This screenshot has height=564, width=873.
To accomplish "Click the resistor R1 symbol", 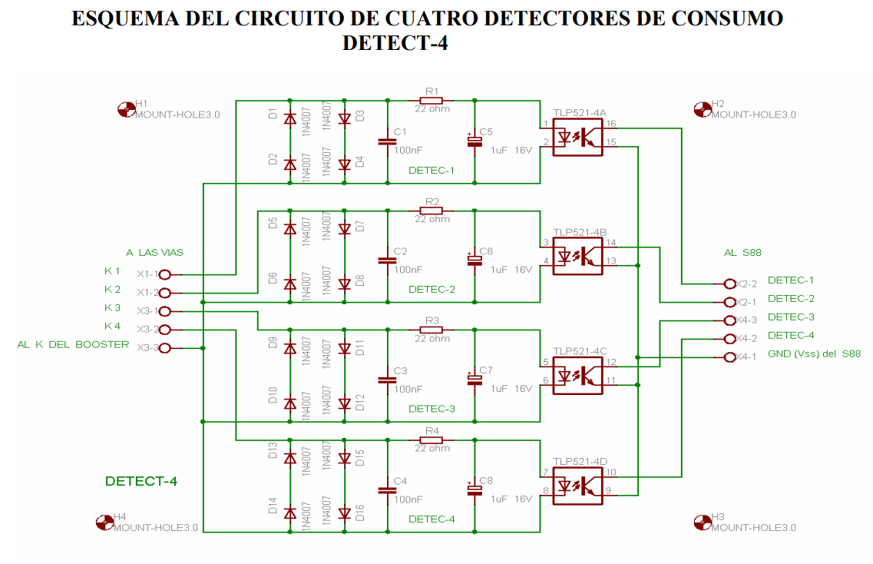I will coord(432,100).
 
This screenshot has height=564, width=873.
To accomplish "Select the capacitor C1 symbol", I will coord(387,141).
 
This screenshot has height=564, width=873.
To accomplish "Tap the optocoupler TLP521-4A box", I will coord(577,137).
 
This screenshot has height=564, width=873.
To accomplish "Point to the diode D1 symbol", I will coord(289,119).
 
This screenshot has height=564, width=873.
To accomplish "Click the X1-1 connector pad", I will coord(164,274).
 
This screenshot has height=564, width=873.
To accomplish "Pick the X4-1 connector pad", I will coord(730,357).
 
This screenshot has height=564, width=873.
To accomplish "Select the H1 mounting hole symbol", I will coord(126,109).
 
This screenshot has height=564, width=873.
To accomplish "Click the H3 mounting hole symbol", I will coord(702,522).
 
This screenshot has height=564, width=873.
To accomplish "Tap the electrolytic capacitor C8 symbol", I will coord(474,489).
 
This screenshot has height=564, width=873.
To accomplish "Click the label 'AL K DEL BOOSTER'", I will coord(73,345).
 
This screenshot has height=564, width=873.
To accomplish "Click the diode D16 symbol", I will coord(345,513).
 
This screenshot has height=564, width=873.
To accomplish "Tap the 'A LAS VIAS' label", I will coord(154,252).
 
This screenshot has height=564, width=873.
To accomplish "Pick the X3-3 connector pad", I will coord(164,348).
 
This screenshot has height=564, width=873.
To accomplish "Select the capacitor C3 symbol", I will coord(387,380).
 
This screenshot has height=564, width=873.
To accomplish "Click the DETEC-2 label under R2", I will coord(432,290).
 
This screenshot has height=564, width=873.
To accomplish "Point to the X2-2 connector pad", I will coord(730,284).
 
